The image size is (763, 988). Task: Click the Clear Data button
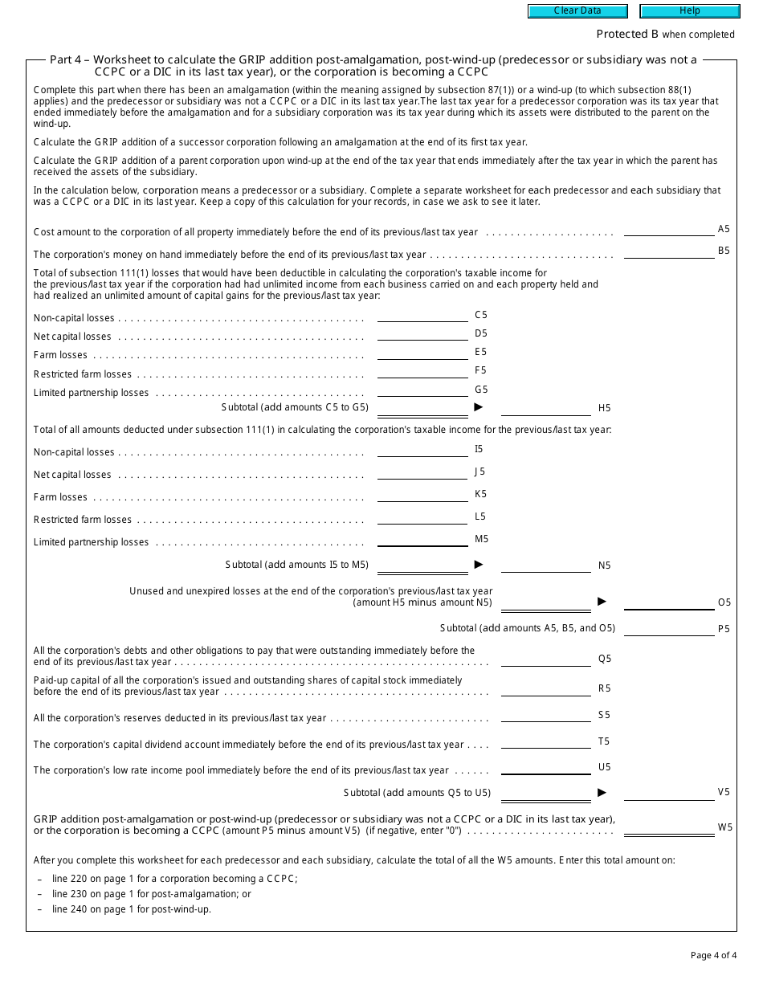click(x=577, y=11)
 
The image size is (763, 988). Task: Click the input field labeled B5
click(x=668, y=251)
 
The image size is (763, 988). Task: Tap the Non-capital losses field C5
click(x=422, y=316)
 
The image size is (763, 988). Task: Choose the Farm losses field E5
click(x=422, y=353)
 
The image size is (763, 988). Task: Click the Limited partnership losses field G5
click(x=422, y=390)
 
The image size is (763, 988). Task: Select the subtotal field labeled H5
click(x=545, y=409)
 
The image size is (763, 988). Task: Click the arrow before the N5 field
click(x=479, y=564)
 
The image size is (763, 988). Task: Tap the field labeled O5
click(x=668, y=603)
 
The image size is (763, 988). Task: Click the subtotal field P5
click(x=668, y=629)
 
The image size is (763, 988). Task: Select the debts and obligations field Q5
click(x=545, y=659)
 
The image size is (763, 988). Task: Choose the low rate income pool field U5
click(x=545, y=768)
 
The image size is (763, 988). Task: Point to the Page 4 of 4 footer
click(x=713, y=955)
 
